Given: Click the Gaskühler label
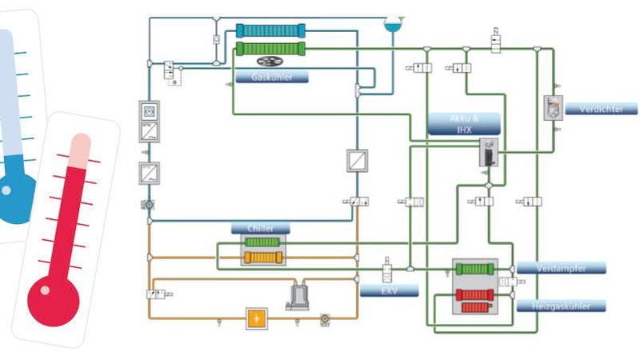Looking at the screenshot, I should (271, 78).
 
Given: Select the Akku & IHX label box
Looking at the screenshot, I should (464, 123).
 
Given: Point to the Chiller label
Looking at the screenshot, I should (260, 228).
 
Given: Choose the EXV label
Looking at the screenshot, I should (389, 290).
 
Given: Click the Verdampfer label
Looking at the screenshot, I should (561, 268).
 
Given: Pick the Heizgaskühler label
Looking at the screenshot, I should (560, 306).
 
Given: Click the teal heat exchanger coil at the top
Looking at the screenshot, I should (271, 31).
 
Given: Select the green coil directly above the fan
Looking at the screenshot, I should (271, 48).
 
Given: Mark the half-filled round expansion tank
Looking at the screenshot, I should (393, 23).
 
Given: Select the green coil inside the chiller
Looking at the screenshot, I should (259, 242).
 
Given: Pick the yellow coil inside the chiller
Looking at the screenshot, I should (259, 257).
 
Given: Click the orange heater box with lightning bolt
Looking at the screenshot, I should (256, 318).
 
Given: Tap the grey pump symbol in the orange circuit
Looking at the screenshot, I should (301, 297).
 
